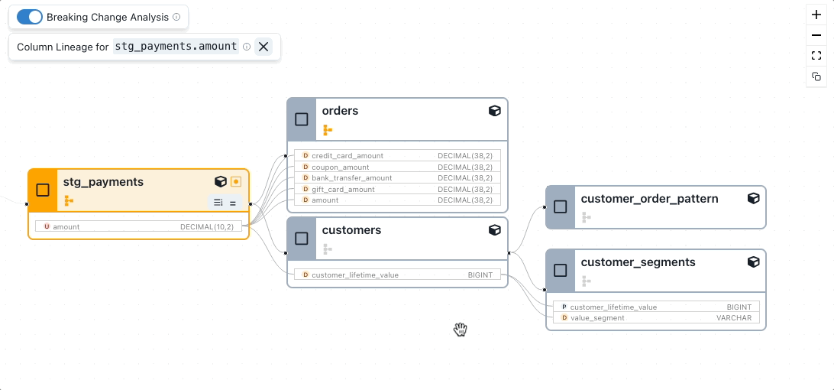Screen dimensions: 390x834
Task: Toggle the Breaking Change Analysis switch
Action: tap(30, 17)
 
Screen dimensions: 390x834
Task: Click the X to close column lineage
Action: tap(263, 47)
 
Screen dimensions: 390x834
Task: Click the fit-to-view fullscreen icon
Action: tap(816, 56)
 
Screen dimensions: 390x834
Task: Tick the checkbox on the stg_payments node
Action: tap(43, 190)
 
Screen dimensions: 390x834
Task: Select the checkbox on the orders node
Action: tap(302, 119)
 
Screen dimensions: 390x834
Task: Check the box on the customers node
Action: tap(302, 239)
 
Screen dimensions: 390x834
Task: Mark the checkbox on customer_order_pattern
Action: tap(561, 206)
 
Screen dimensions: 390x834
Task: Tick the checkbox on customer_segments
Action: tap(561, 270)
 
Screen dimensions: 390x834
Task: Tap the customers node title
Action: tap(351, 230)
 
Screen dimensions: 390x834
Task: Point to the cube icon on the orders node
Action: tap(494, 111)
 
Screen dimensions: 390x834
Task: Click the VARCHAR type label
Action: tap(733, 317)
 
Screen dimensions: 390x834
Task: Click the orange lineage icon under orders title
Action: tap(328, 130)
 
